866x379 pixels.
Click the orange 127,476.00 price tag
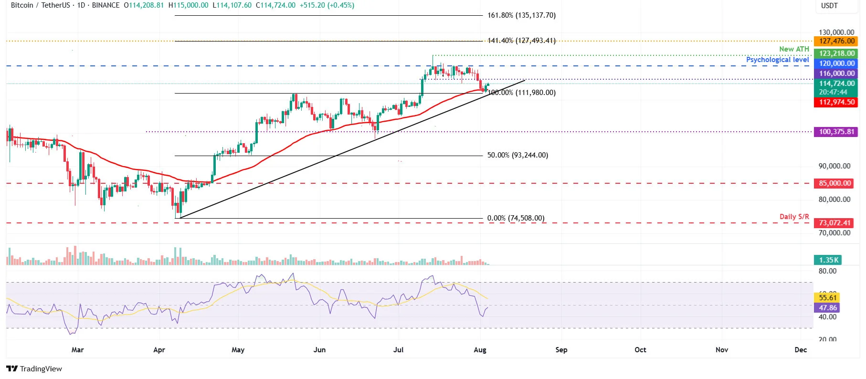coord(836,41)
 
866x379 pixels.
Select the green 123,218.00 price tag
coord(836,53)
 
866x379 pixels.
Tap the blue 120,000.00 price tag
coord(836,63)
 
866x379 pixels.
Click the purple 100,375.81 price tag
coord(836,132)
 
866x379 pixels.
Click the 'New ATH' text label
coord(794,49)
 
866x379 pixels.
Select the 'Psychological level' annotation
coord(777,60)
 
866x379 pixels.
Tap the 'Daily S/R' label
coord(794,217)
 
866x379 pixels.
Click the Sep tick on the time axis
coord(561,350)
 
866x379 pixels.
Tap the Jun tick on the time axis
coord(319,350)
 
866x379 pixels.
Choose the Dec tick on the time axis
coord(801,350)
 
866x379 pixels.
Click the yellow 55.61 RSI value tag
coord(827,297)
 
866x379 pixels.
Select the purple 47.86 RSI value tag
coord(827,308)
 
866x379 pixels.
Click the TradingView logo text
coord(34,369)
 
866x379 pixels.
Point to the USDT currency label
coord(829,6)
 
